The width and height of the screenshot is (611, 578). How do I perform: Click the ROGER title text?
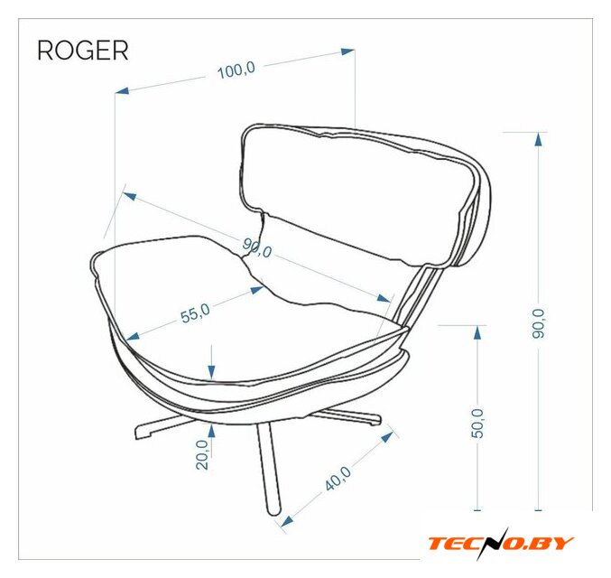83,51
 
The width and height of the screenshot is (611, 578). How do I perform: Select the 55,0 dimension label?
195,313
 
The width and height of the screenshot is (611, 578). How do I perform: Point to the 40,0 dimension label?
338,479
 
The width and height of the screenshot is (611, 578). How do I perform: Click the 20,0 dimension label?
202,454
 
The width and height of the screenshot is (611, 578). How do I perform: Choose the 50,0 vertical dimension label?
477,424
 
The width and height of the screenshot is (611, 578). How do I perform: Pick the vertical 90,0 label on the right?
538,323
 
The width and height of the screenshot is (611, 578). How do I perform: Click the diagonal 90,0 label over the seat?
256,248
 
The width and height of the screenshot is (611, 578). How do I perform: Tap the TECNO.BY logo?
501,544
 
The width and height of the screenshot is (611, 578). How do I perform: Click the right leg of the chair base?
347,416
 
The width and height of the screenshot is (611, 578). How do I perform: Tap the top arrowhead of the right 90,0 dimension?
538,139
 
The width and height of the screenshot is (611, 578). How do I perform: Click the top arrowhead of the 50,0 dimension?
477,332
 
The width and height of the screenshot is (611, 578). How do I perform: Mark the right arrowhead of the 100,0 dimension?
347,51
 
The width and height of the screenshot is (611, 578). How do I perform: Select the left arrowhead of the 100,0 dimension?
123,90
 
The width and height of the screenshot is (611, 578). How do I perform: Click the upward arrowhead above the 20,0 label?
211,431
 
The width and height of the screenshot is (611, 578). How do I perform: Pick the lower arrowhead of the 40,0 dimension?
287,521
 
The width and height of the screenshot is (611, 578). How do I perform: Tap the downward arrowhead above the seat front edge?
211,372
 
